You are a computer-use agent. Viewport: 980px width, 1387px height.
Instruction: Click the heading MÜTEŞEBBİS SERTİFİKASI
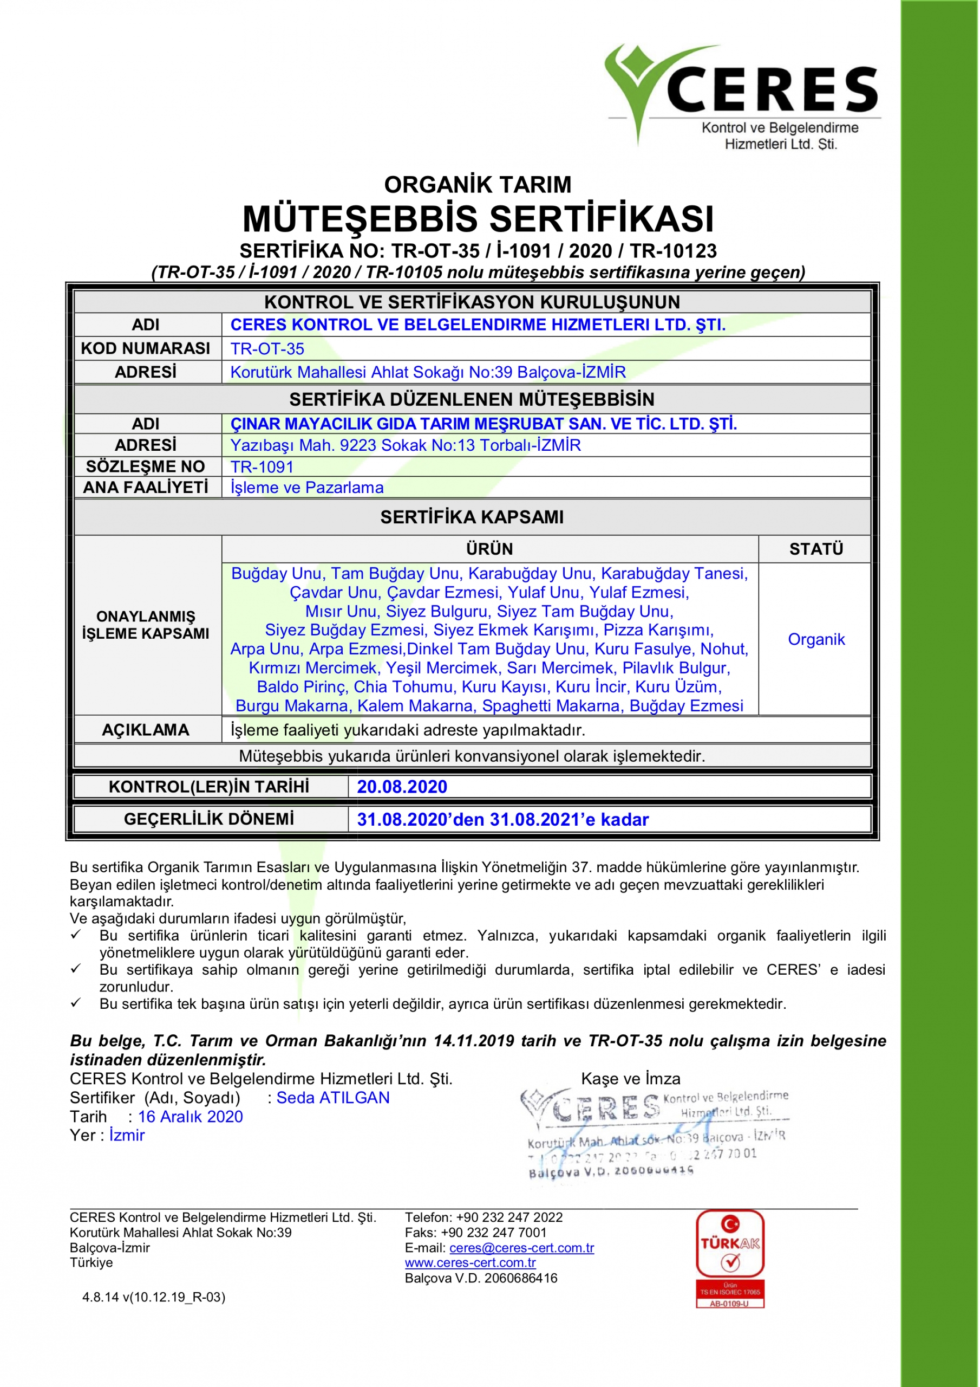[x=478, y=219]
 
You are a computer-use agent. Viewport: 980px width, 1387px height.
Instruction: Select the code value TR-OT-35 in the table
[x=267, y=348]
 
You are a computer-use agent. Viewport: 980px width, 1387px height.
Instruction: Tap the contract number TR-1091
[x=262, y=466]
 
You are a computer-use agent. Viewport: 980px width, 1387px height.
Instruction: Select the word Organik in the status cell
[x=816, y=639]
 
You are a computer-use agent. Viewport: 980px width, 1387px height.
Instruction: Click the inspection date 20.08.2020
[x=402, y=787]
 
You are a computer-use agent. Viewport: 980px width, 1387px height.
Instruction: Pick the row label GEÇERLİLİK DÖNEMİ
[x=209, y=819]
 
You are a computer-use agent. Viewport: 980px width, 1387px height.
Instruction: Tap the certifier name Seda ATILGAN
[x=332, y=1098]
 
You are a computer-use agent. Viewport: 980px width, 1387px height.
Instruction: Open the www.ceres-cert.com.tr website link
[x=470, y=1262]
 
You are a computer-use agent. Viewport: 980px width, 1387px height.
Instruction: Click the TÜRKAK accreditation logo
[x=729, y=1260]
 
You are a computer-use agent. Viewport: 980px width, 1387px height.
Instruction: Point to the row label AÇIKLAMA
[x=146, y=730]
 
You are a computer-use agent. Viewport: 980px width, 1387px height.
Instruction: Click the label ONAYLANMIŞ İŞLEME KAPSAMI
[x=146, y=625]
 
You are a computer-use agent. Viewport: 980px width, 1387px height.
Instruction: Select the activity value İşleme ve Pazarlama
[x=307, y=487]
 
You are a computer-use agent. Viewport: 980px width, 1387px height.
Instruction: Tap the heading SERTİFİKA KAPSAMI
[x=472, y=516]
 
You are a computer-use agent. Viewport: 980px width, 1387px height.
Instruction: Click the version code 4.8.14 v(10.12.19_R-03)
[x=153, y=1297]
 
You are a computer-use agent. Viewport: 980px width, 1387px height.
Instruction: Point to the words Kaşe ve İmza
[x=630, y=1078]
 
